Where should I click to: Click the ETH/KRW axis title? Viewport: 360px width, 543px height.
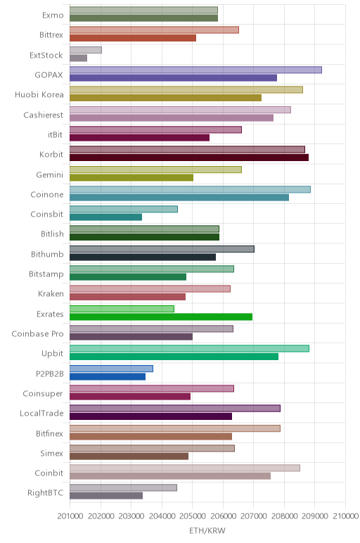(x=207, y=530)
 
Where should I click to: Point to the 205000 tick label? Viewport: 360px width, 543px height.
(x=192, y=516)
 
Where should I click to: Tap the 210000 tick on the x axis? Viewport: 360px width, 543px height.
(x=345, y=516)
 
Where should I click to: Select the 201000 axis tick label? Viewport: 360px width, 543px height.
(x=70, y=516)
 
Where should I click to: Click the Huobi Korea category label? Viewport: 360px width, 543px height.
(x=39, y=94)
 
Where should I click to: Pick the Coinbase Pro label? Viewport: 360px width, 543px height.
(x=37, y=333)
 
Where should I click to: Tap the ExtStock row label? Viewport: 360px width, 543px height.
(x=46, y=55)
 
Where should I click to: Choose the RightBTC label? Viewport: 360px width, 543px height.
(x=45, y=492)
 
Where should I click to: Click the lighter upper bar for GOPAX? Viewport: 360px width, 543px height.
(x=195, y=70)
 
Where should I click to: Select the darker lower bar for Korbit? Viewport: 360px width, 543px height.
(x=189, y=158)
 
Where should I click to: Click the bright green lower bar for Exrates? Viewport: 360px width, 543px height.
(x=161, y=317)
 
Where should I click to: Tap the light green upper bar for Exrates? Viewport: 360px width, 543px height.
(x=122, y=309)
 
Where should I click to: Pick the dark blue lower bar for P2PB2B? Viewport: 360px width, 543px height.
(x=108, y=377)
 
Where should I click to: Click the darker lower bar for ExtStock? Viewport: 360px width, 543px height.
(x=78, y=58)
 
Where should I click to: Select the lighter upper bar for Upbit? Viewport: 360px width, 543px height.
(x=189, y=348)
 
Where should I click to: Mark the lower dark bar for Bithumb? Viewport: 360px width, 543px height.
(x=143, y=257)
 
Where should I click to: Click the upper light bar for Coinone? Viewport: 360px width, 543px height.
(x=190, y=189)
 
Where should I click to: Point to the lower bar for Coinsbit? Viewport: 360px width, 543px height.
(x=105, y=217)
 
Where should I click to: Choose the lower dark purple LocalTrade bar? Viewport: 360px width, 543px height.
(x=150, y=416)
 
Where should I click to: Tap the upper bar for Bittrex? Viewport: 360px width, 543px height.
(x=154, y=30)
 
